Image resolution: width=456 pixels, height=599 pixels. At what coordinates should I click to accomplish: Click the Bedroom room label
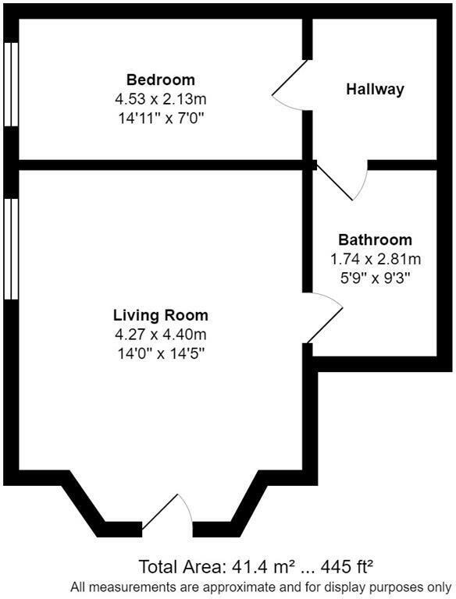160,80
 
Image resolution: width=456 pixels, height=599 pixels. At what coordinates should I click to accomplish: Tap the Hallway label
375,89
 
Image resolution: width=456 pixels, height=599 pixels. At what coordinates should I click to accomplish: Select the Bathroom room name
375,239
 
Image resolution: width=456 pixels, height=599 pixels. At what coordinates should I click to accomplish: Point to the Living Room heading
161,315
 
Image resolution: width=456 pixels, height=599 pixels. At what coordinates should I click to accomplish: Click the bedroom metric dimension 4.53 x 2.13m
160,99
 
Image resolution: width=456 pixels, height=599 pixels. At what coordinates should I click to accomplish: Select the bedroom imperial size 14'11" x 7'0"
160,118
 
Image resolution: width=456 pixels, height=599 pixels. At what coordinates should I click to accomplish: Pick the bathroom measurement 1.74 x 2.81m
375,259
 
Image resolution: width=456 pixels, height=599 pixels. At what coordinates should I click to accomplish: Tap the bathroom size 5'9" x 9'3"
375,278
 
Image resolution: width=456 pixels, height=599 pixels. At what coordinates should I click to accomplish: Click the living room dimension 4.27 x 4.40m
161,335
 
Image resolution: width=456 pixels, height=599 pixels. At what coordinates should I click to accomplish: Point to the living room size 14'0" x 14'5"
161,353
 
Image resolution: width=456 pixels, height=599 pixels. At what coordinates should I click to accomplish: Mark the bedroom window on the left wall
10,83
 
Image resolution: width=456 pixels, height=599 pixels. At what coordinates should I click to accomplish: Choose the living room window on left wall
10,248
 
